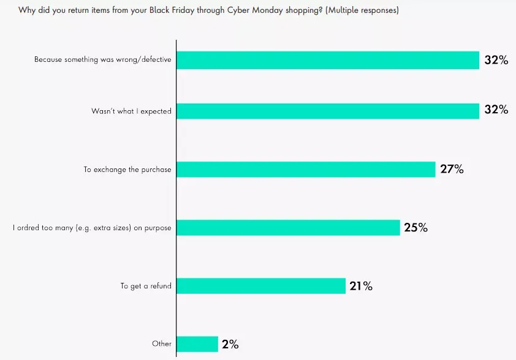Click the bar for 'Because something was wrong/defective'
point(328,60)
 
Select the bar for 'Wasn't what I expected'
point(328,111)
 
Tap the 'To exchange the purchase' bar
point(306,169)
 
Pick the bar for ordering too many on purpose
point(288,228)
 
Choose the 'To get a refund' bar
point(261,286)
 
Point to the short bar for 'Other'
point(197,344)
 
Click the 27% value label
point(452,169)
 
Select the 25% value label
point(415,228)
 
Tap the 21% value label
point(360,286)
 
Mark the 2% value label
point(230,344)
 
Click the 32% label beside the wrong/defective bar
point(496,60)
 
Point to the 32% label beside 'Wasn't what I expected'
point(496,110)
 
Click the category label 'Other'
point(162,344)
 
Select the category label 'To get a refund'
point(146,286)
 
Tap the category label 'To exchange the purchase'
point(127,170)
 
